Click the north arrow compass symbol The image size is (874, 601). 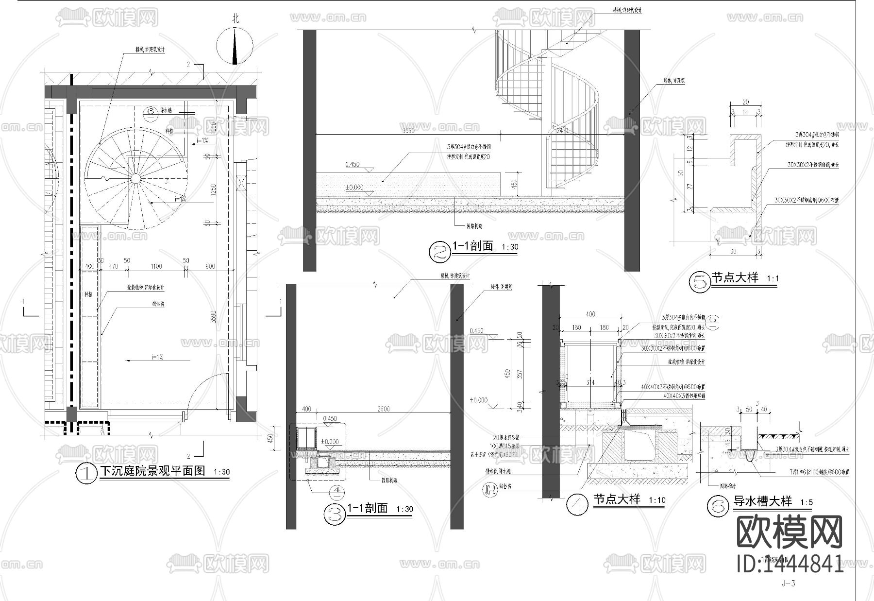[x=235, y=46]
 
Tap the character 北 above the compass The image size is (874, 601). [x=235, y=19]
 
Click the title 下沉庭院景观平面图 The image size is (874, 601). [x=153, y=471]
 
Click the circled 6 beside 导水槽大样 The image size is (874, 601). [x=717, y=505]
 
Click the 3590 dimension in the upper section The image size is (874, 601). [x=409, y=131]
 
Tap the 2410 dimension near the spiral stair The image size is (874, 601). [x=562, y=131]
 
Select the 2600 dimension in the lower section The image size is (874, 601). [x=384, y=409]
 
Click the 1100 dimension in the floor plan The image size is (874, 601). [x=156, y=266]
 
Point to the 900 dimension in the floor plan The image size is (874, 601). [x=210, y=266]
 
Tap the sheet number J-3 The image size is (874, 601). [x=789, y=584]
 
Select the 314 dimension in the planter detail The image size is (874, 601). [x=590, y=382]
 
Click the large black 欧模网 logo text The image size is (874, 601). [x=790, y=533]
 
